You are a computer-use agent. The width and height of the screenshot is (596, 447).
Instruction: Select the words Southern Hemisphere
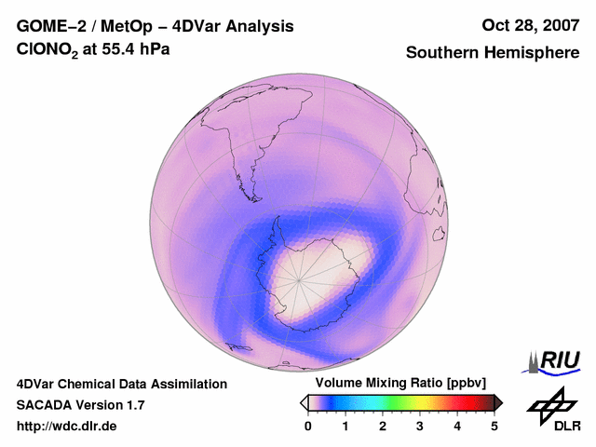(493, 53)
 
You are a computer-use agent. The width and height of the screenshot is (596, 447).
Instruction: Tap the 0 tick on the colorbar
(308, 426)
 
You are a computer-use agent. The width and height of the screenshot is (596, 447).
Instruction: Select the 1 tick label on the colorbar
(345, 426)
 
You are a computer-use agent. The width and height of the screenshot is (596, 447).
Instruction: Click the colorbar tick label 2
(383, 426)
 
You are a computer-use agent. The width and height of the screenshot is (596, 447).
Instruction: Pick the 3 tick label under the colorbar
(420, 426)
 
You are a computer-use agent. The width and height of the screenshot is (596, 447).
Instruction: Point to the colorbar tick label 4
(457, 426)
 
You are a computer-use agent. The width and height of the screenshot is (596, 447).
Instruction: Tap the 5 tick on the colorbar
(494, 426)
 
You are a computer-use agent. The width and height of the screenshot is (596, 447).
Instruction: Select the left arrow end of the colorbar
(305, 402)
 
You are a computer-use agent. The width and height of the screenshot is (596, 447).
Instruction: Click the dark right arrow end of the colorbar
(498, 402)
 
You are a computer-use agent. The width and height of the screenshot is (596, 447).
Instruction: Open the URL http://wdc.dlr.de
(67, 427)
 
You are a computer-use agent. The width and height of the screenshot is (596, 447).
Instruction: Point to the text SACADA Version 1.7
(80, 405)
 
